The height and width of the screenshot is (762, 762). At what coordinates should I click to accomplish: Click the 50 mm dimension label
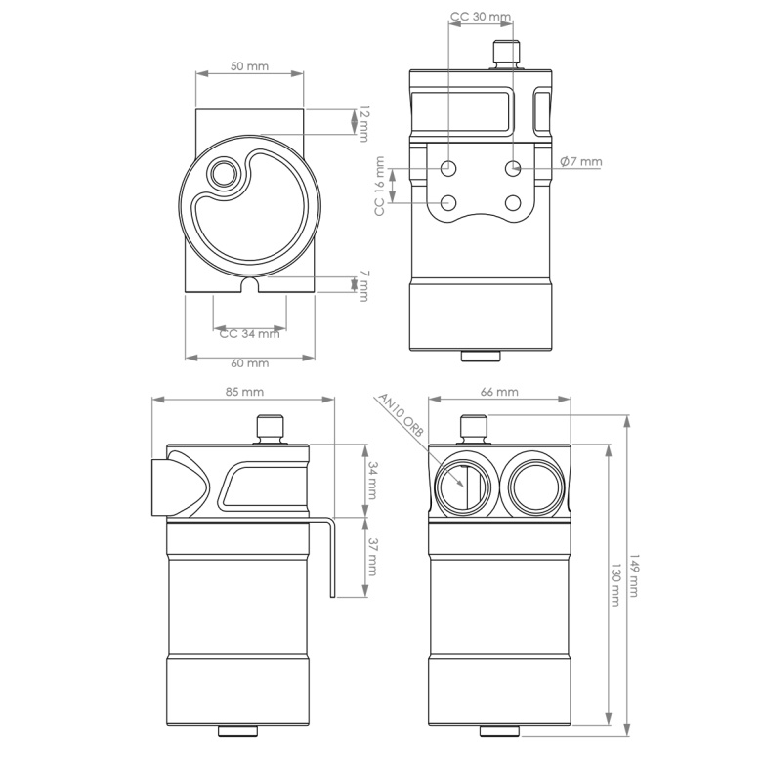point(249,66)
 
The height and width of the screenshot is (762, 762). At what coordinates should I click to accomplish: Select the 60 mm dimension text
point(250,363)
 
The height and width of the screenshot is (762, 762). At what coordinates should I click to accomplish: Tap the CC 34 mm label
point(249,333)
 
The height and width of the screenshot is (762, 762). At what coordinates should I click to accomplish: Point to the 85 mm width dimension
point(245,393)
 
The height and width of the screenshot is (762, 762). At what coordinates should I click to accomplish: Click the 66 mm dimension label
point(499,393)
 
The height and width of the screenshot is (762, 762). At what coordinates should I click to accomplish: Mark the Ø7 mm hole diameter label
point(581,162)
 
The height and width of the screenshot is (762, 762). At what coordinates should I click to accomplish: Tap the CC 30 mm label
point(481,18)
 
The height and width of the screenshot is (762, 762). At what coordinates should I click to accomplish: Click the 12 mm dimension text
point(363,122)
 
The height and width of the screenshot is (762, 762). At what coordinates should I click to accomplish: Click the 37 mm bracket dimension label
point(372,558)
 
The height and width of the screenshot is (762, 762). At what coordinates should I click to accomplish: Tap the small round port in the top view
point(224,175)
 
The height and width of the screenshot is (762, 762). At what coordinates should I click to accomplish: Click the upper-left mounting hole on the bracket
point(449,168)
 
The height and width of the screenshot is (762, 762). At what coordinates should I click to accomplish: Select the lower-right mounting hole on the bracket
point(513,203)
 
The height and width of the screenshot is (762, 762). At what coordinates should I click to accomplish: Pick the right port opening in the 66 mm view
point(532,486)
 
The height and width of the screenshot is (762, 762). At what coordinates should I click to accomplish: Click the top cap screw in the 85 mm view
point(269,429)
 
